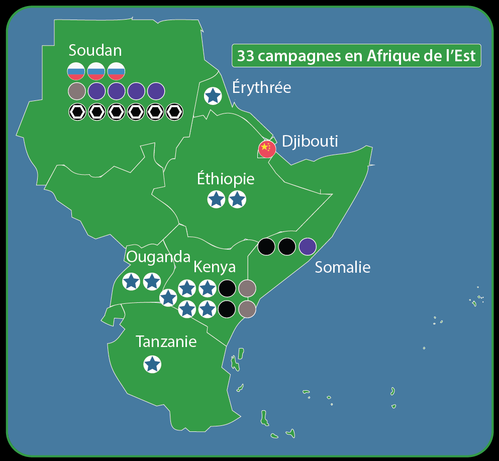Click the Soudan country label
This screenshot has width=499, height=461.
click(95, 50)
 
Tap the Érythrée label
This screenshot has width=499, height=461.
click(261, 87)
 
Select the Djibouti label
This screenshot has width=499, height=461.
click(310, 141)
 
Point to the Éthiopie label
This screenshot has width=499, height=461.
click(226, 179)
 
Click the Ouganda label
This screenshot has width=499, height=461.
click(157, 257)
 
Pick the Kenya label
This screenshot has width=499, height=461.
click(215, 266)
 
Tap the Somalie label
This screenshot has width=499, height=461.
click(342, 267)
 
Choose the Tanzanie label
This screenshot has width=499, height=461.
click(166, 342)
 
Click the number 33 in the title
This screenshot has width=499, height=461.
click(245, 56)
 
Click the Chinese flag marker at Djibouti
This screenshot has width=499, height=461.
click(267, 149)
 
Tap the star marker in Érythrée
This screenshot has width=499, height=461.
click(213, 95)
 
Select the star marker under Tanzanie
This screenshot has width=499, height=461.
click(152, 364)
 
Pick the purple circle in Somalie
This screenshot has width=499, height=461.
click(308, 247)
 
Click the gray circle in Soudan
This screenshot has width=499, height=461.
click(76, 91)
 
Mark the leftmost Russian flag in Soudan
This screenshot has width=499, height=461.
click(76, 72)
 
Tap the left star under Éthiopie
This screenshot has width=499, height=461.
click(216, 199)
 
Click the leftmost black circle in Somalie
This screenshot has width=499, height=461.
click(266, 247)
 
